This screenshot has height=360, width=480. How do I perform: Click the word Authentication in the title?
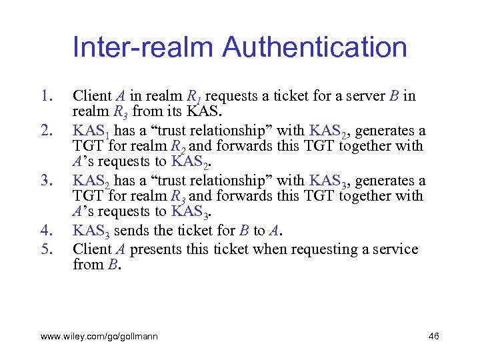[x=315, y=47]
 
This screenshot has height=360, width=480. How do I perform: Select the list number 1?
[x=46, y=96]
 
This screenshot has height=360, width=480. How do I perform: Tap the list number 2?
[x=46, y=131]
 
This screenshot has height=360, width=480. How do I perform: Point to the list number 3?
[x=46, y=180]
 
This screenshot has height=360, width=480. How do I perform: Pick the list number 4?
[x=46, y=231]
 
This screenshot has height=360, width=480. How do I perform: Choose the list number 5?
[x=46, y=249]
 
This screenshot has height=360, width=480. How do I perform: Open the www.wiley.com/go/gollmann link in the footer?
[x=99, y=337]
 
